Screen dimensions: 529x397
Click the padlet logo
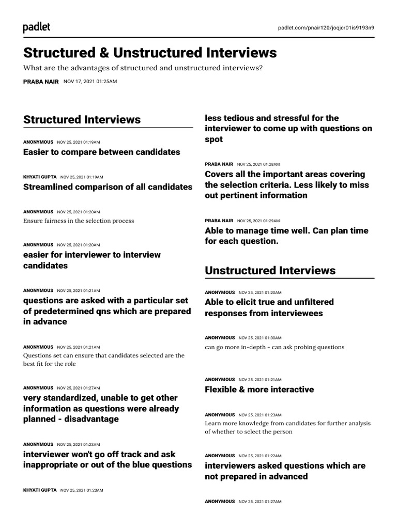coord(37,27)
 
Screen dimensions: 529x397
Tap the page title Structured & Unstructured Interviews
coord(150,53)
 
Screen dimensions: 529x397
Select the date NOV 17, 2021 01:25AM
coord(90,82)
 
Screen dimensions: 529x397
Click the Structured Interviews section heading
coord(82,119)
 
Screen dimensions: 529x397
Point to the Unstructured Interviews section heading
coord(270,270)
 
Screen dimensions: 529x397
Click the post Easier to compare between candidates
coord(102,152)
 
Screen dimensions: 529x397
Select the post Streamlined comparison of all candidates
coord(108,187)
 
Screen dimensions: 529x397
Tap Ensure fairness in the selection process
coord(79,221)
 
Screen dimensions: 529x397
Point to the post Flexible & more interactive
coord(259,390)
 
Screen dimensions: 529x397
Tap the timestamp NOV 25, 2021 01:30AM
coord(260,338)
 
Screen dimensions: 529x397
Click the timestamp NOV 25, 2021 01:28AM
coord(258,164)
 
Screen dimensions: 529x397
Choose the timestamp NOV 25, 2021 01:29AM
coord(258,221)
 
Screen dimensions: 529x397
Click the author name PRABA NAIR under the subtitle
coord(41,82)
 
